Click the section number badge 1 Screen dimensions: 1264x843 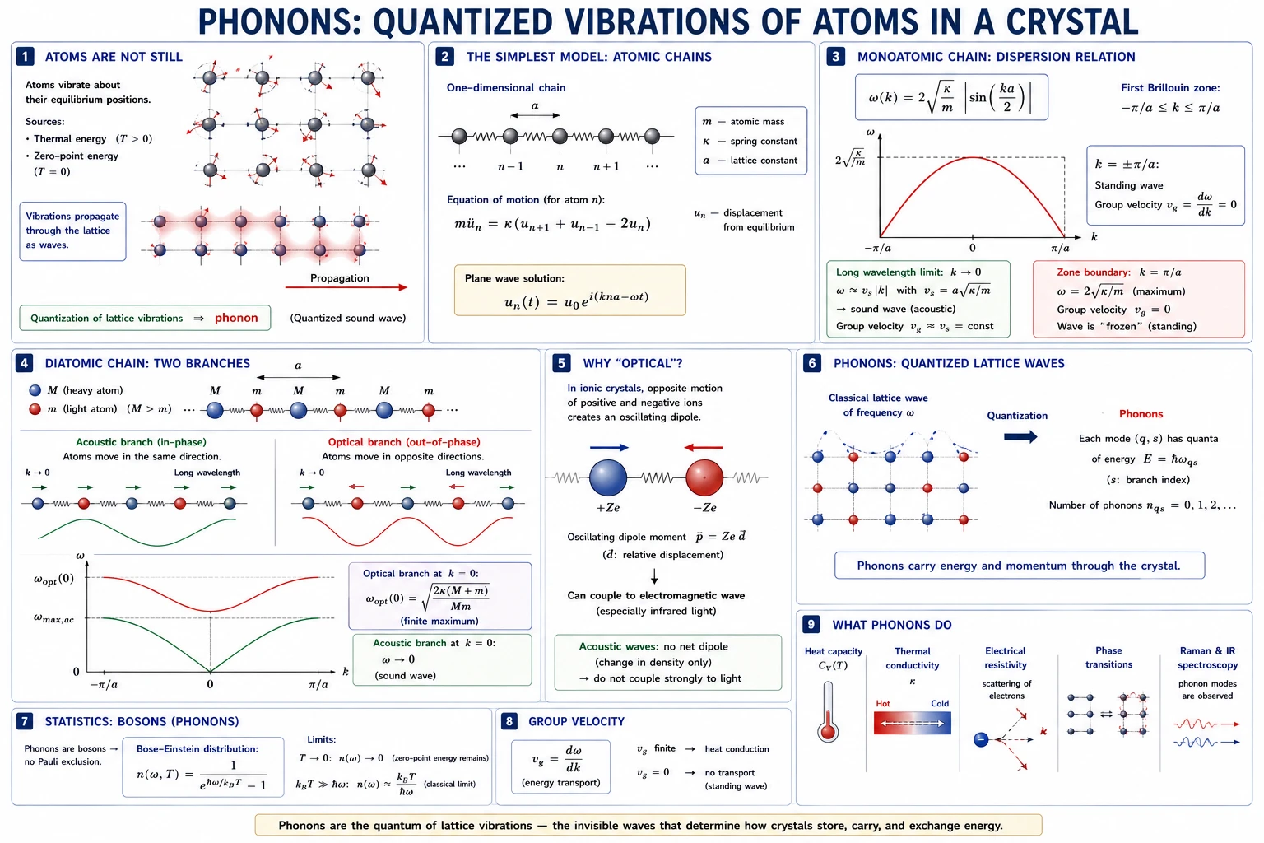point(25,57)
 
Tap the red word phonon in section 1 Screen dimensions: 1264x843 point(236,318)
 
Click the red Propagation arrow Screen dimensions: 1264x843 point(346,287)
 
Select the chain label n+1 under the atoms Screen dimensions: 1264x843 point(606,166)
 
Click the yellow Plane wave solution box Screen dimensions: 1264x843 point(570,291)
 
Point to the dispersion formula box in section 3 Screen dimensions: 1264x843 point(951,97)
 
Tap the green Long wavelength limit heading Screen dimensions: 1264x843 point(889,272)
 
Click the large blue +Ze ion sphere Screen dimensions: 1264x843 point(608,478)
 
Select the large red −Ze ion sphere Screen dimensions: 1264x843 point(704,478)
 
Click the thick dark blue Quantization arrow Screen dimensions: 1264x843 point(1020,436)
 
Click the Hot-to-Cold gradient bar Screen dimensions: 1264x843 point(912,724)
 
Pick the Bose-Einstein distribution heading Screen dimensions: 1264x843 point(197,748)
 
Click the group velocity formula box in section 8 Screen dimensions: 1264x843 point(560,766)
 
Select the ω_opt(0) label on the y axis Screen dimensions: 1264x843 point(53,579)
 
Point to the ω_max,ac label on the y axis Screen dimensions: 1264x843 point(53,618)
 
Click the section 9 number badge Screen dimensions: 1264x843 point(811,625)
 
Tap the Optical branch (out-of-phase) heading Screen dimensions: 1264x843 point(404,442)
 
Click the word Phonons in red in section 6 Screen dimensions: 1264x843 point(1141,414)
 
